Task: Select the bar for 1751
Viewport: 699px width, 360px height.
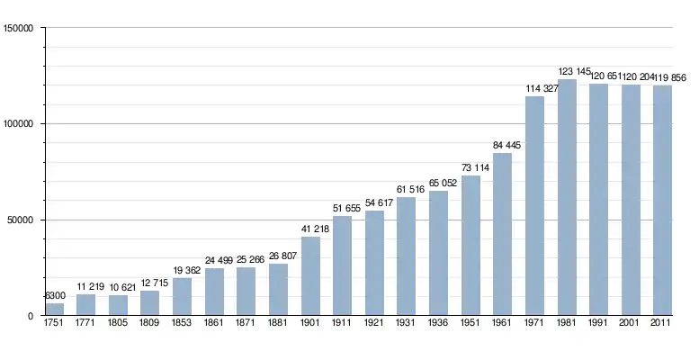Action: pyautogui.click(x=54, y=309)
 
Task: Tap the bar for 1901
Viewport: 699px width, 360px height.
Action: pyautogui.click(x=310, y=275)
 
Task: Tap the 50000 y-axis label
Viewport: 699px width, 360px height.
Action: pyautogui.click(x=21, y=220)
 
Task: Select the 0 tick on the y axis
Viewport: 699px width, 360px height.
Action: pyautogui.click(x=31, y=316)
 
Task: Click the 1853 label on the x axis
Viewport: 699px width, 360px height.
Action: pyautogui.click(x=182, y=322)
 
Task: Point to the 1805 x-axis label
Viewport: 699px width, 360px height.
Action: pyautogui.click(x=118, y=322)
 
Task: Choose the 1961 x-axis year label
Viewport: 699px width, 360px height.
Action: pyautogui.click(x=502, y=322)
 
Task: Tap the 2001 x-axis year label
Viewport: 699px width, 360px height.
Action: pyautogui.click(x=631, y=322)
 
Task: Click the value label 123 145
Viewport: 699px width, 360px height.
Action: pyautogui.click(x=567, y=72)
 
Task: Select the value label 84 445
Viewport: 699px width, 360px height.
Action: pyautogui.click(x=502, y=146)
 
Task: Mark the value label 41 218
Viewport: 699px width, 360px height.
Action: pyautogui.click(x=310, y=229)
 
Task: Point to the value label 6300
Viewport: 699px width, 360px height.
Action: pyautogui.click(x=54, y=296)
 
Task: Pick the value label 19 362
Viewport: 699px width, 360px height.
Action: pyautogui.click(x=182, y=271)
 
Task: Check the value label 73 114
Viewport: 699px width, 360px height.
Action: pyautogui.click(x=470, y=168)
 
